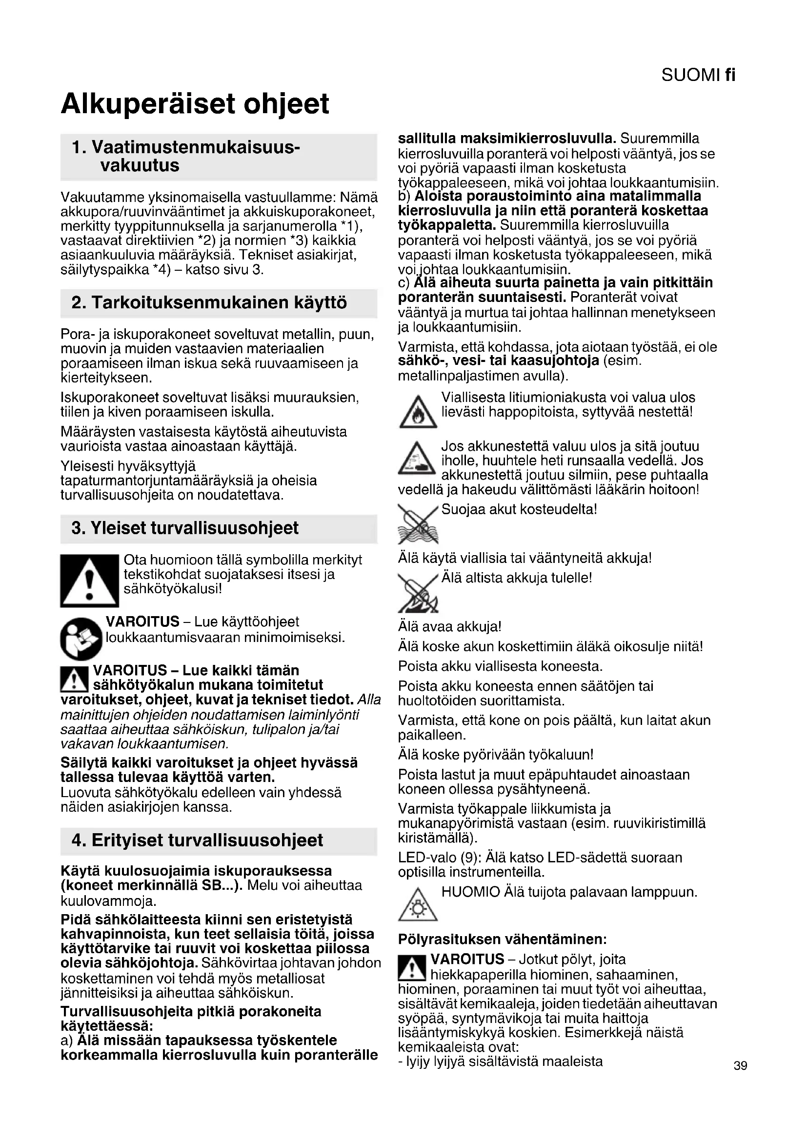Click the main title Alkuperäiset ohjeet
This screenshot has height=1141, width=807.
coord(195,103)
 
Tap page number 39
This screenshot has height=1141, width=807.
coord(740,1065)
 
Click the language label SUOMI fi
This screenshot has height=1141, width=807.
coord(698,75)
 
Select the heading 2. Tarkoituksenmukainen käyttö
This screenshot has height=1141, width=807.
coord(209,302)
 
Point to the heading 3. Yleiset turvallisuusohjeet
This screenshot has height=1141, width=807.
coord(185,528)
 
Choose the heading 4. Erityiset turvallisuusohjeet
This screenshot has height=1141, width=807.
coord(197,841)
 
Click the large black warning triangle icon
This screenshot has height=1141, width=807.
coord(89,581)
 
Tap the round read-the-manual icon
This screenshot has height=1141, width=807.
coord(81,638)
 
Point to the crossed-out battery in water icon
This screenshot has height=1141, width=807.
coord(418,524)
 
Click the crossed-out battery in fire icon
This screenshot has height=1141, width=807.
coord(418,592)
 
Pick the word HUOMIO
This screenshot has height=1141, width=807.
coord(470,892)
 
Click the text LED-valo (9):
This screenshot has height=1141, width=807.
coord(439,857)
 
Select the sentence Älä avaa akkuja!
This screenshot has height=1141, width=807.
coord(450,627)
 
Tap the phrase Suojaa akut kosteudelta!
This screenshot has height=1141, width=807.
coord(519,509)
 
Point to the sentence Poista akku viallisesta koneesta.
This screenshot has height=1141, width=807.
coord(500,666)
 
